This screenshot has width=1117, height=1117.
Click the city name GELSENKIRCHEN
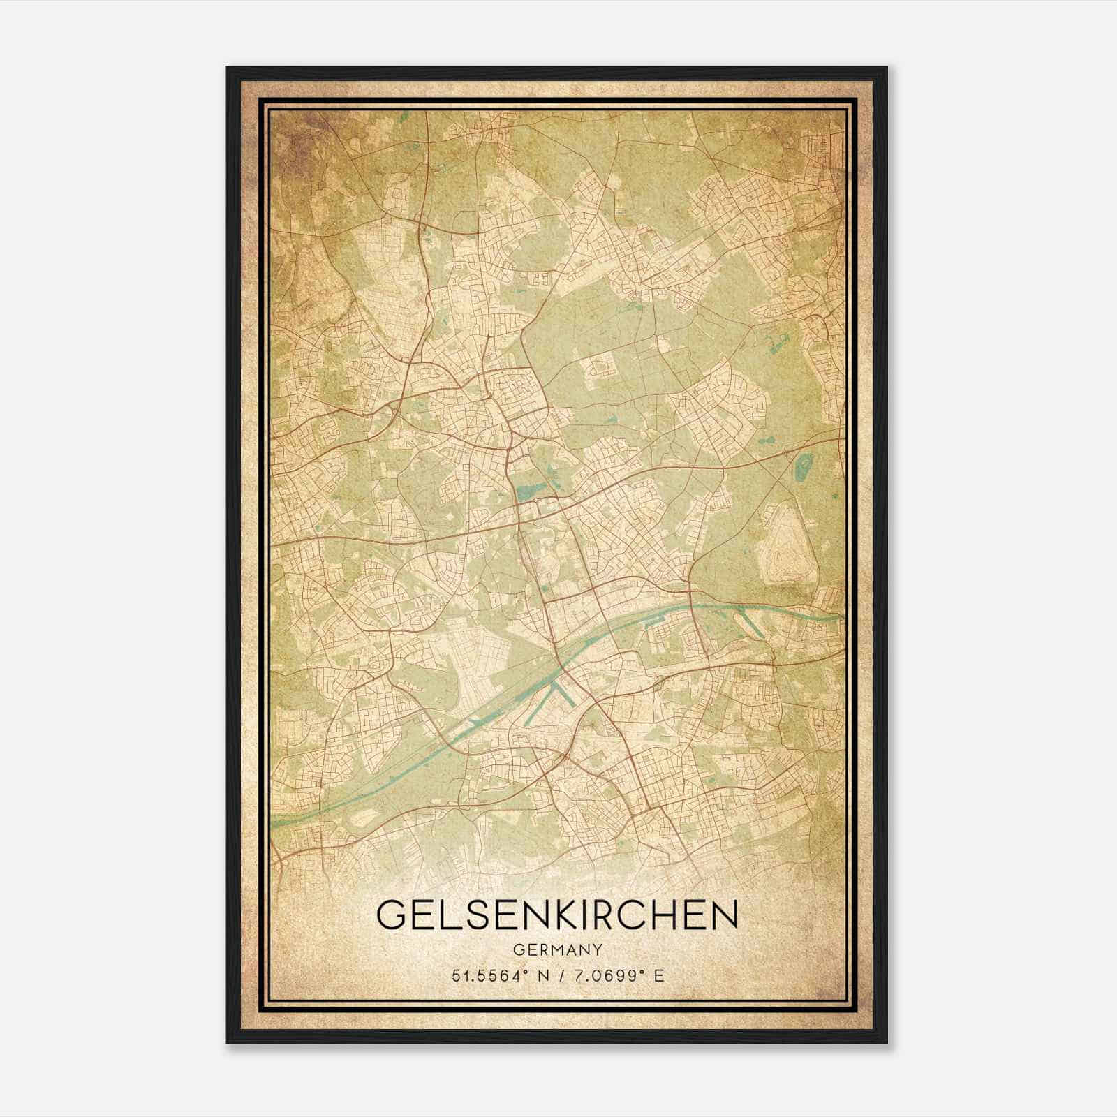coord(557,915)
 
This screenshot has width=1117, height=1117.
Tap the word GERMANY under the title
coord(557,950)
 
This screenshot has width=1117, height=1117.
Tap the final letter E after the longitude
coord(659,976)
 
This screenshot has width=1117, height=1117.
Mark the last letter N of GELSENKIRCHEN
coord(723,915)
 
